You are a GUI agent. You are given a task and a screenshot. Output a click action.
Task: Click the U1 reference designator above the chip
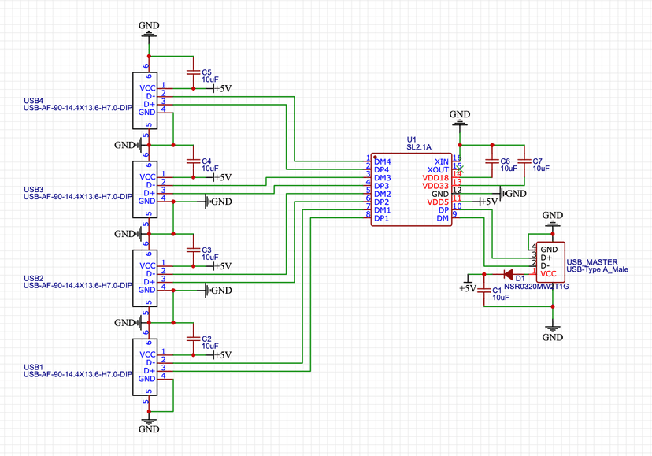(411, 139)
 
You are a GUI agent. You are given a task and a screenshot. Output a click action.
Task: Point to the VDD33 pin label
(436, 186)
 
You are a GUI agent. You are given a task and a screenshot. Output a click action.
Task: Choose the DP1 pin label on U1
(382, 218)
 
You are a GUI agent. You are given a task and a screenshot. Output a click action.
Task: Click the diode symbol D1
(508, 275)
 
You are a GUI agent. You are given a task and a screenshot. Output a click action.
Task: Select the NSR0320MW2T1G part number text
(535, 287)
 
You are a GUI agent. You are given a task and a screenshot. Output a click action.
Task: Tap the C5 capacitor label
(207, 72)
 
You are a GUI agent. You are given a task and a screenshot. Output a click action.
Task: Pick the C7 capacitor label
(538, 161)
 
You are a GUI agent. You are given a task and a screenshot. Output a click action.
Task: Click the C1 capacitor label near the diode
(497, 291)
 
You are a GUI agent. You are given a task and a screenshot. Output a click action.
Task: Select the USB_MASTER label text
(592, 261)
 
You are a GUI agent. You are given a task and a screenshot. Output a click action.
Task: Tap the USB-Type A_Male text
(598, 270)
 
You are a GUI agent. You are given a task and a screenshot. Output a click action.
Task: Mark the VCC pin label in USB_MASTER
(548, 273)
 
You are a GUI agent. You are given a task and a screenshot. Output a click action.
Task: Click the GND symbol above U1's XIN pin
(460, 118)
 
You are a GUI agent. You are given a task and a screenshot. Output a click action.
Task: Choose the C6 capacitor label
(505, 161)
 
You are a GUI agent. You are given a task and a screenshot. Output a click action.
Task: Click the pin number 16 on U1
(458, 158)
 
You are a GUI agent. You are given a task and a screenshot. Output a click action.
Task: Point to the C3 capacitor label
(207, 249)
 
